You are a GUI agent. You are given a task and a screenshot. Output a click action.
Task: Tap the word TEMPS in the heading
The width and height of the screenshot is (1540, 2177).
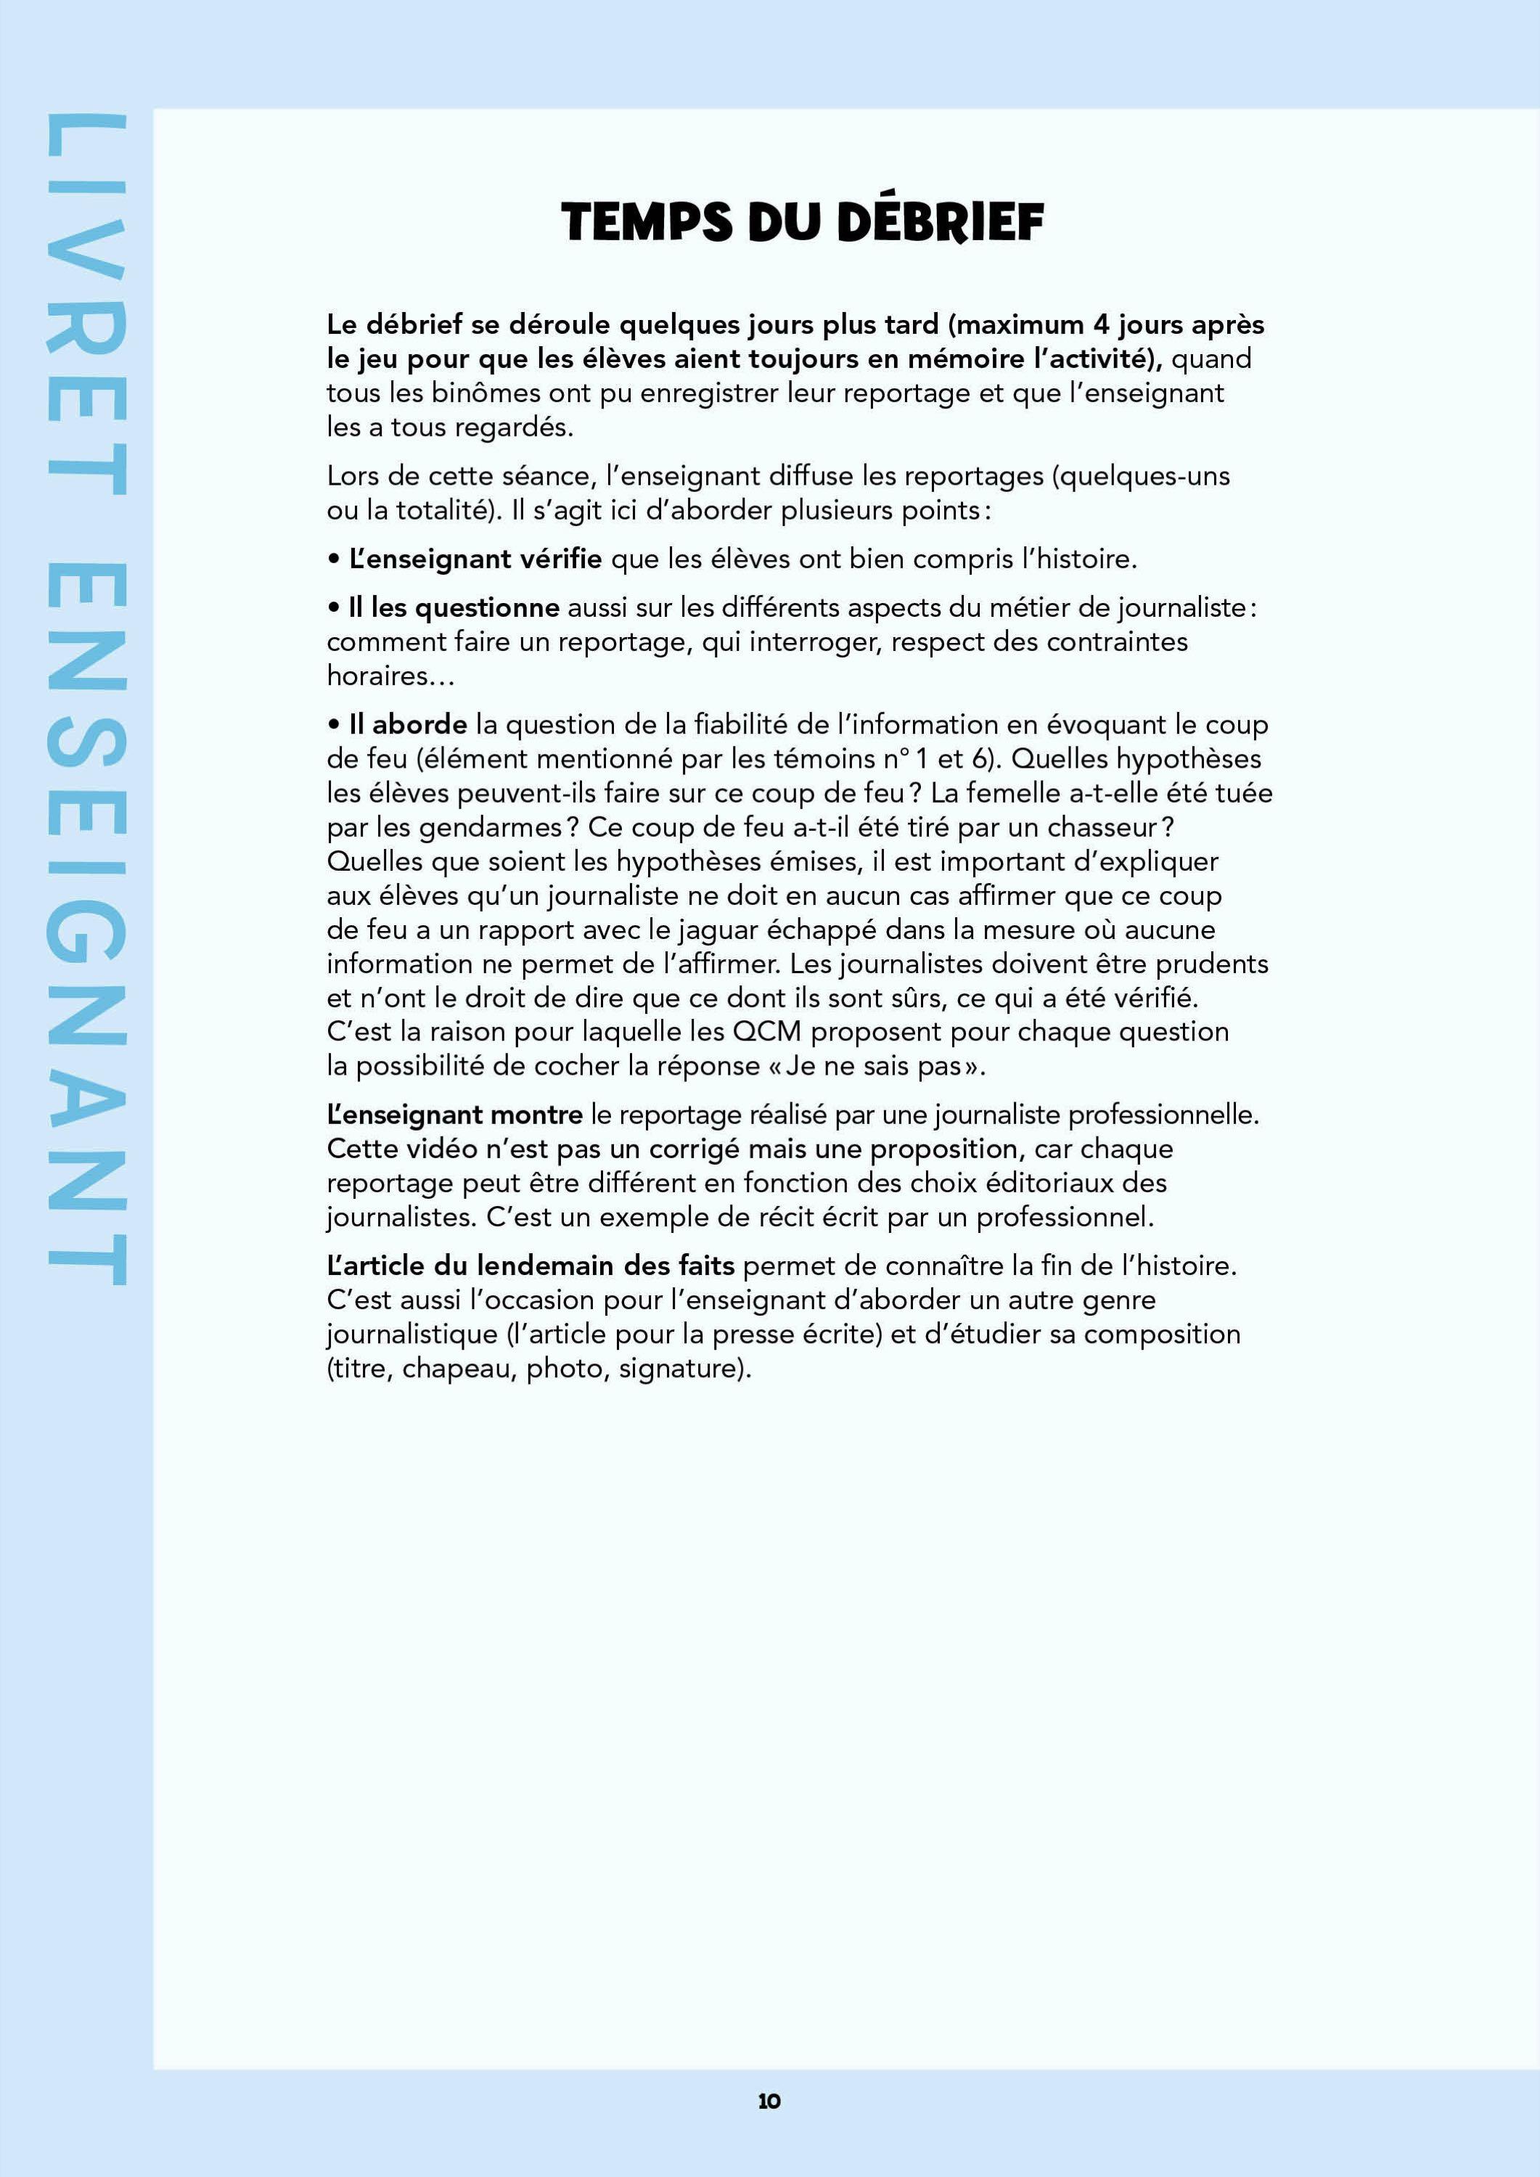pyautogui.click(x=647, y=224)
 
